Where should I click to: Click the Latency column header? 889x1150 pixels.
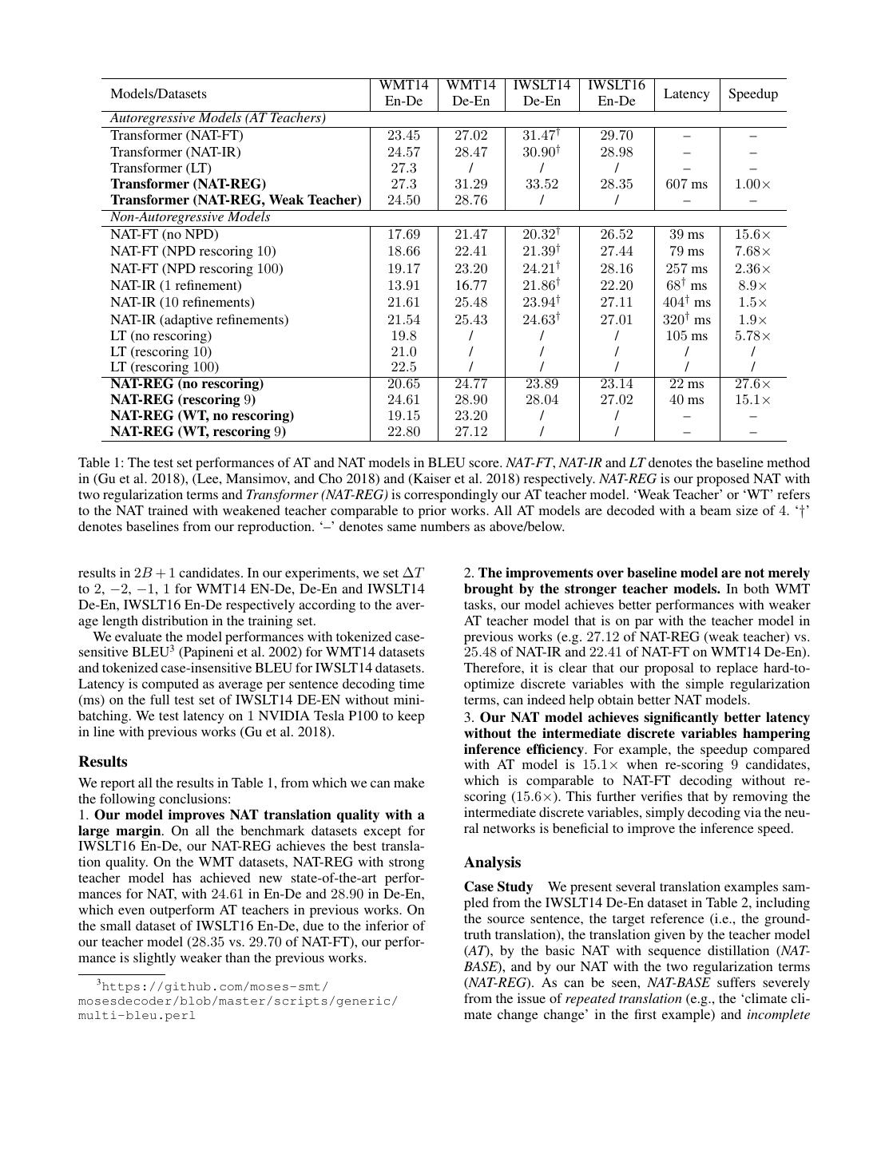[x=686, y=94]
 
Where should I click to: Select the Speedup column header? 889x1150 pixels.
[x=752, y=94]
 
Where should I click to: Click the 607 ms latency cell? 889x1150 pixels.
[x=686, y=184]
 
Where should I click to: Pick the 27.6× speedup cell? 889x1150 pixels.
[x=752, y=383]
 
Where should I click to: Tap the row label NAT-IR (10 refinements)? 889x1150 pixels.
[x=182, y=302]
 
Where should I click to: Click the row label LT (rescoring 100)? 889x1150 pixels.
[x=164, y=367]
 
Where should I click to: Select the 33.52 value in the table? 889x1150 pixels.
[x=541, y=184]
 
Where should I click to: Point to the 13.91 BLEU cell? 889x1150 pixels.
[x=403, y=285]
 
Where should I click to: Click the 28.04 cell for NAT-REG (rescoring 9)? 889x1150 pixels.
[x=541, y=399]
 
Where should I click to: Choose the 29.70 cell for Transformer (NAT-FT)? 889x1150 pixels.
[x=616, y=136]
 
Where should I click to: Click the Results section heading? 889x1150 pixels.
[x=103, y=762]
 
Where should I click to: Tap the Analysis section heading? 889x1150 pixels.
[x=492, y=862]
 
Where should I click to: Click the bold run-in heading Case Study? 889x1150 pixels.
[x=498, y=886]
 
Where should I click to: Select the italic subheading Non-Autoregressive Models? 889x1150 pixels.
[x=190, y=217]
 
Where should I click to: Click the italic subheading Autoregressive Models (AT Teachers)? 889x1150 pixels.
[x=217, y=118]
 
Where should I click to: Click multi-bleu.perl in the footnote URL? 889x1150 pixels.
[x=137, y=1016]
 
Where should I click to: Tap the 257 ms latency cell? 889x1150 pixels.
[x=686, y=268]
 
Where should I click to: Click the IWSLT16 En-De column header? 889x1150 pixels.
[x=616, y=93]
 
